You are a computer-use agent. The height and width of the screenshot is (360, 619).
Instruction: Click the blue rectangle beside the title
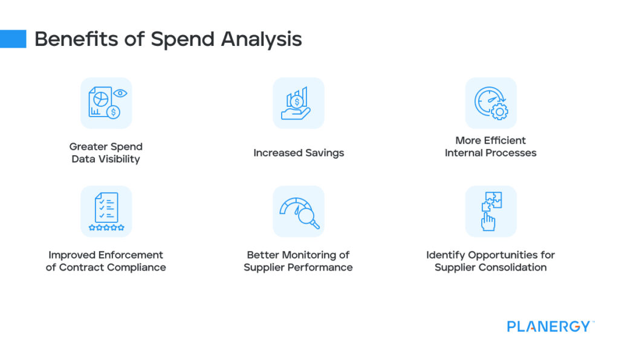coord(13,39)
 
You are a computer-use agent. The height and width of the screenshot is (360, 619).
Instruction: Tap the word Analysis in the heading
coord(261,40)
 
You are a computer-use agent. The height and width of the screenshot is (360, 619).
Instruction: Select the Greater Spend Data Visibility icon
coord(106,103)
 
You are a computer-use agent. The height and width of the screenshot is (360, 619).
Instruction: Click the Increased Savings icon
coord(298,103)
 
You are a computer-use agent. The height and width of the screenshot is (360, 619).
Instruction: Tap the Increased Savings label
coord(299,153)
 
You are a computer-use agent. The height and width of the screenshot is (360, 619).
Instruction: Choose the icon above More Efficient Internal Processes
coord(490,103)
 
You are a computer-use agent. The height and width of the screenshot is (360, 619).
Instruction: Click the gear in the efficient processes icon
coord(499,111)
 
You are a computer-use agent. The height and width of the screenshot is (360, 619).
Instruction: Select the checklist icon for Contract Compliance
coord(106,211)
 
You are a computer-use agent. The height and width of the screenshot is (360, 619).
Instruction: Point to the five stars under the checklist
coord(106,228)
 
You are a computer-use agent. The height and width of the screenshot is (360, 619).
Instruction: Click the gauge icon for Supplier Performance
coord(298,211)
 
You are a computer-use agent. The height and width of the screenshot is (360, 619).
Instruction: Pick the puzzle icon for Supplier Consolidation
coord(490,211)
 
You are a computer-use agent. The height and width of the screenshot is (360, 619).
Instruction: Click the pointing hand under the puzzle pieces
coord(488,222)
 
